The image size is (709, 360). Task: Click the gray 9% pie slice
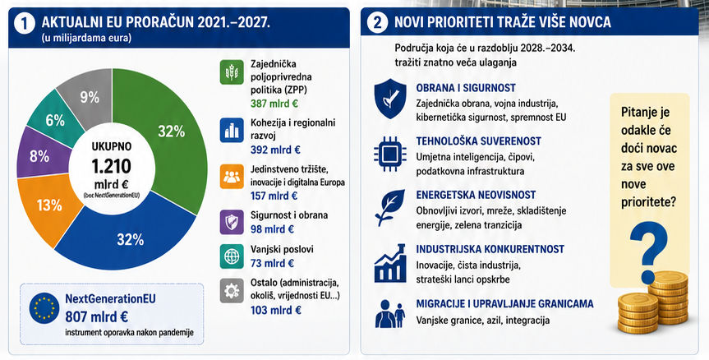pos(89,97)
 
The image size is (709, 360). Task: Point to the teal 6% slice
pos(55,119)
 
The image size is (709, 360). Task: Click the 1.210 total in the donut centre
pos(111,166)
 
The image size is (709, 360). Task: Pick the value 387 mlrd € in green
pos(274,104)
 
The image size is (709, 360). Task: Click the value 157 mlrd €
pos(274,196)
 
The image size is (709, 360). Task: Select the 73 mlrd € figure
pos(272,263)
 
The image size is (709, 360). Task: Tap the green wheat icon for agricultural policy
pos(232,72)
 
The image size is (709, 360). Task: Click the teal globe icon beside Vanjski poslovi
pos(232,256)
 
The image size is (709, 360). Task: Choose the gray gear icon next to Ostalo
pos(232,290)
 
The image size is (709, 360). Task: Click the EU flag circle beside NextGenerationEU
pos(44,308)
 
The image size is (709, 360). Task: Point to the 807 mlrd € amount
pos(96,316)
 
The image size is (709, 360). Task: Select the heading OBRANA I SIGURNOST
pos(466,88)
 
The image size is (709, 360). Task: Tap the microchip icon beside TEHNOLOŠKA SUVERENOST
pos(389,155)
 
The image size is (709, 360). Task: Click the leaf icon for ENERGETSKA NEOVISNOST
pos(389,207)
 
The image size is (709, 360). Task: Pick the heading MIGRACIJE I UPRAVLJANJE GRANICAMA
pos(504,304)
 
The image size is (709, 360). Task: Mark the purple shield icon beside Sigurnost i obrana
pos(232,222)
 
